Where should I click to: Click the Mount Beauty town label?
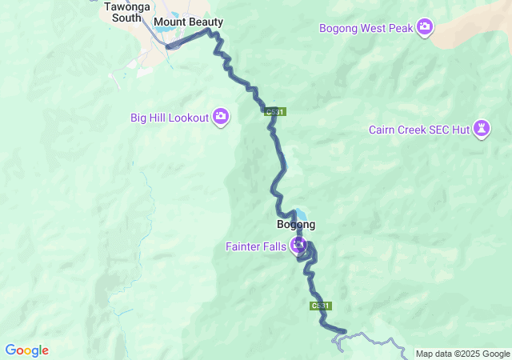(188, 22)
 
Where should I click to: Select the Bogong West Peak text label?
(366, 29)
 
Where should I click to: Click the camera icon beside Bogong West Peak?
(425, 28)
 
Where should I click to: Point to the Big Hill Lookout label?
(169, 118)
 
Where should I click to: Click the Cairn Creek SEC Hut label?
(418, 130)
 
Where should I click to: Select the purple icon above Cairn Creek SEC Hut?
(481, 128)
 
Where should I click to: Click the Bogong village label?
(295, 225)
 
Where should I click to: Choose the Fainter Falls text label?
(254, 246)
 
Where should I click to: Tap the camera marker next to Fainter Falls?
(298, 245)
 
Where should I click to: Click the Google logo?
(26, 350)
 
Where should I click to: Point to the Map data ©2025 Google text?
(462, 354)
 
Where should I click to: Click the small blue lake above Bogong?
(299, 214)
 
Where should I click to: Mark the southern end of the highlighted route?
(344, 331)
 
